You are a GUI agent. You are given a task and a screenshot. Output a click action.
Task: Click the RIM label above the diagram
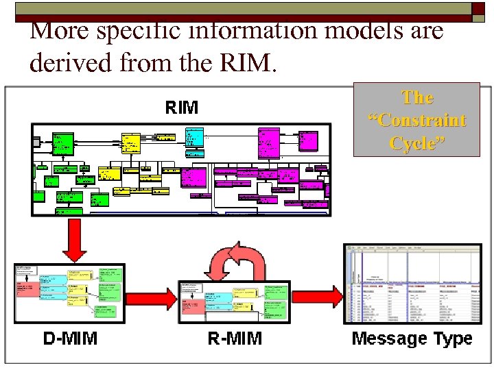click(x=182, y=108)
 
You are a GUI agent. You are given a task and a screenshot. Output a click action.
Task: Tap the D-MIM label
click(x=70, y=338)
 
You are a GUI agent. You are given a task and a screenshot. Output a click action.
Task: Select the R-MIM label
click(x=235, y=338)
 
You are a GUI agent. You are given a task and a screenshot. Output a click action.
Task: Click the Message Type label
click(x=412, y=338)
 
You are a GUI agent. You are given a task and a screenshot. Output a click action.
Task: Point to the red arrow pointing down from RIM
click(x=74, y=239)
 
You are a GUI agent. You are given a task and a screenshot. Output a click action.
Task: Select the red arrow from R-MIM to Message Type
click(x=316, y=297)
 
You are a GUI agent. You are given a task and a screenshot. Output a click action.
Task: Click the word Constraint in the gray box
click(x=417, y=121)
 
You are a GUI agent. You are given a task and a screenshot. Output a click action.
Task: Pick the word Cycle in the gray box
click(x=417, y=143)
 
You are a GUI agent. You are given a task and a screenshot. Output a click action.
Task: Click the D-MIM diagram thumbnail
click(x=69, y=293)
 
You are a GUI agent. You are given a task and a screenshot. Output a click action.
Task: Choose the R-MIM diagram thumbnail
click(x=235, y=301)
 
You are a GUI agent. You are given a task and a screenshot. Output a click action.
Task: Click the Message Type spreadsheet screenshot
click(x=412, y=283)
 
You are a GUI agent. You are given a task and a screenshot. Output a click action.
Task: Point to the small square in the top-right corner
click(x=478, y=8)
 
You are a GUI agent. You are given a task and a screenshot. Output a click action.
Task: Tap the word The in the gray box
click(x=417, y=97)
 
